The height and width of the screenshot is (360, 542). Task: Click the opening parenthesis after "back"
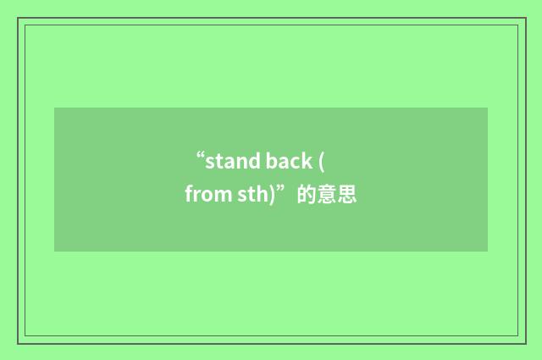tap(322, 161)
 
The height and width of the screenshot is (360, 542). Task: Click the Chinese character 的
tap(306, 196)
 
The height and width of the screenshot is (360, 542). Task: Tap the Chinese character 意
tap(326, 196)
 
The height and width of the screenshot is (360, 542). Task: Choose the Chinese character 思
tap(346, 196)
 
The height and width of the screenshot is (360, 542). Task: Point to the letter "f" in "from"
tap(189, 196)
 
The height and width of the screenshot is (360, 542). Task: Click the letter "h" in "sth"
tap(261, 196)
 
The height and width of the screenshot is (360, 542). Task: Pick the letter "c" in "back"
tap(296, 161)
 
